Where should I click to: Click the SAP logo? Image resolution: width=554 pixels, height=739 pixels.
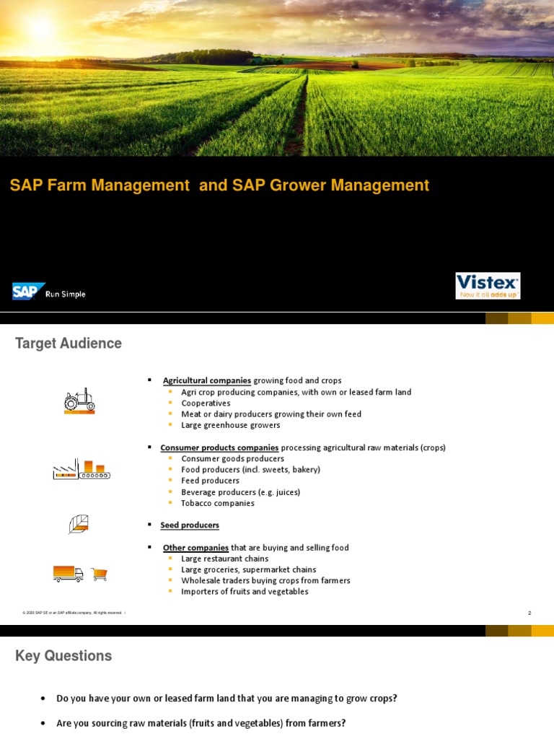pyautogui.click(x=28, y=292)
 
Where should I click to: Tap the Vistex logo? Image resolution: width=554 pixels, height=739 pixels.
pyautogui.click(x=488, y=285)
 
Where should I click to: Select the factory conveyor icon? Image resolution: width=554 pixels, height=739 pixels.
pyautogui.click(x=81, y=471)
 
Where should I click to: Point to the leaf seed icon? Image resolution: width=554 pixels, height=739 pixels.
pyautogui.click(x=79, y=525)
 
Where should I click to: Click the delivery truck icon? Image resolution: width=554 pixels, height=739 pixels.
pyautogui.click(x=68, y=574)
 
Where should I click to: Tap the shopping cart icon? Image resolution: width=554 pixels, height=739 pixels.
pyautogui.click(x=100, y=574)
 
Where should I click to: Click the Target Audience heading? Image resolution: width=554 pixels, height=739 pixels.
pyautogui.click(x=69, y=344)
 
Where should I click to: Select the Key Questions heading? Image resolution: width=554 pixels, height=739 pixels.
pyautogui.click(x=63, y=656)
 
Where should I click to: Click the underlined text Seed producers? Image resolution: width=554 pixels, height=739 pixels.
pyautogui.click(x=190, y=525)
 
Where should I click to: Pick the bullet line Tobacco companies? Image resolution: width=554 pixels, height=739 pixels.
pyautogui.click(x=218, y=503)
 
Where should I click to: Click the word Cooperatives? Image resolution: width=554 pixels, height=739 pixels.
pyautogui.click(x=206, y=403)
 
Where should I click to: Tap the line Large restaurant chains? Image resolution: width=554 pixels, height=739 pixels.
pyautogui.click(x=224, y=559)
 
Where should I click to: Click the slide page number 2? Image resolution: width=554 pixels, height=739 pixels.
pyautogui.click(x=529, y=613)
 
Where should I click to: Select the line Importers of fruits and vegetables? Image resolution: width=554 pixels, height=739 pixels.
pyautogui.click(x=245, y=592)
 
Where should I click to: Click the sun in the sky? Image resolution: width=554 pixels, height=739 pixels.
pyautogui.click(x=42, y=29)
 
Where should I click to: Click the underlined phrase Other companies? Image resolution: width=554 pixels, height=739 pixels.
pyautogui.click(x=195, y=548)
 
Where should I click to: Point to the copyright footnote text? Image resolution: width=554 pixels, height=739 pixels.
pyautogui.click(x=72, y=613)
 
